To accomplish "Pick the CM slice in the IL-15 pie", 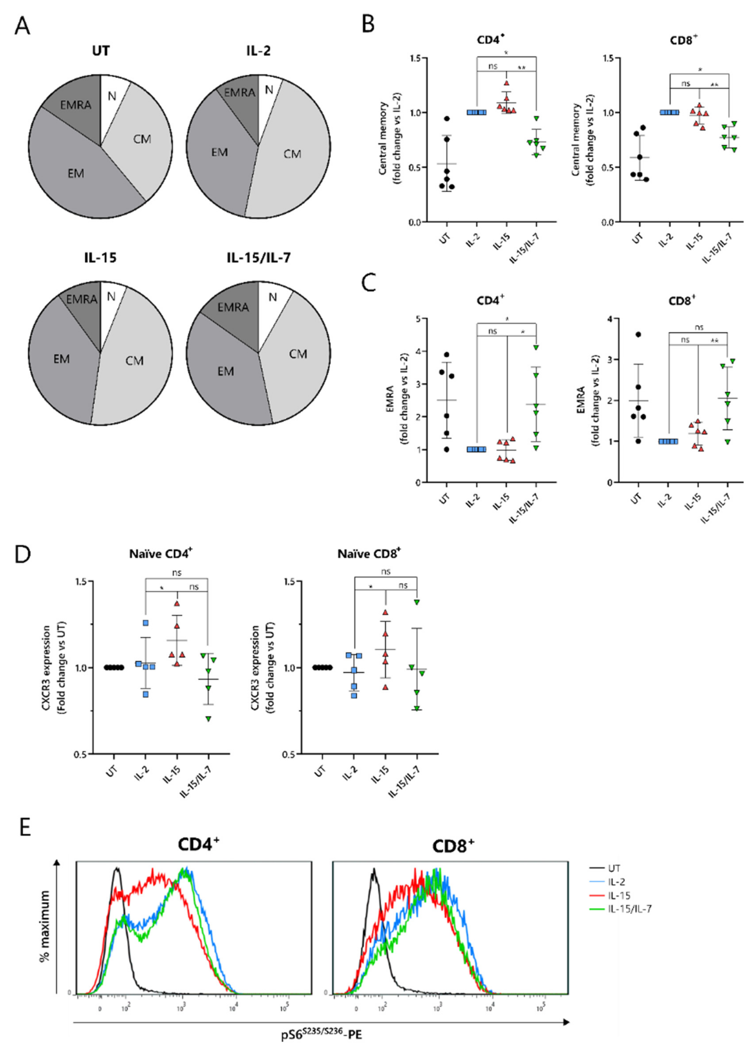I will [134, 360].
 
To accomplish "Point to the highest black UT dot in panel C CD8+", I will [638, 334].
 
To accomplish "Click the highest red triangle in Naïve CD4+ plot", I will [177, 604].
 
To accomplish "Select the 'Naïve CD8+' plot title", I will [369, 554].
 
